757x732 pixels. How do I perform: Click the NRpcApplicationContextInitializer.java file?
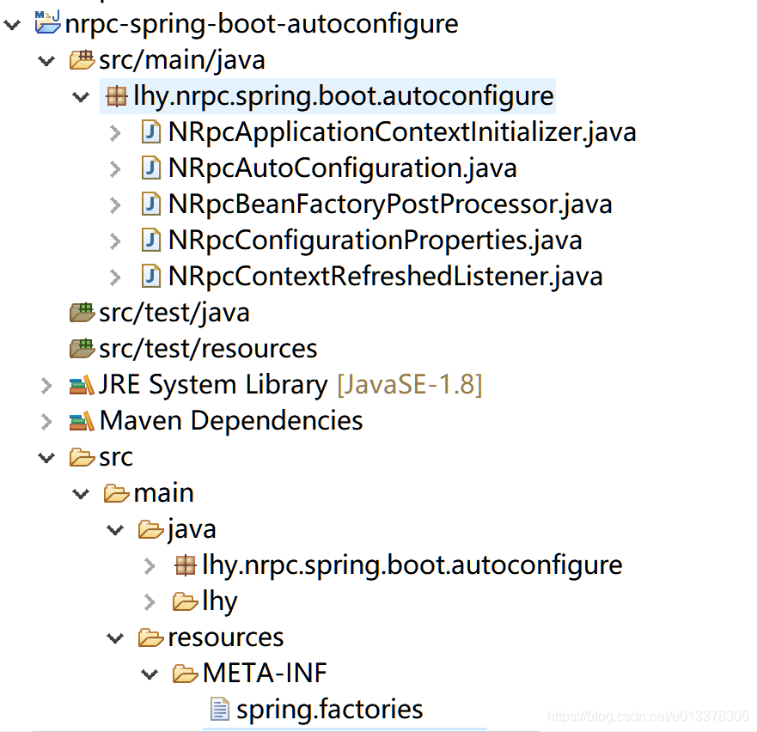pyautogui.click(x=402, y=131)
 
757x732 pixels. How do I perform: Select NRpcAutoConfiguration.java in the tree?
pyautogui.click(x=342, y=168)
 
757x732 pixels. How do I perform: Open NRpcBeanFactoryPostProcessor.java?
pyautogui.click(x=390, y=204)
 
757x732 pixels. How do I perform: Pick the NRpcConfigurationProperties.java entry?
pyautogui.click(x=375, y=240)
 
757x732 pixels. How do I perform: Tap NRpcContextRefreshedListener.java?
pyautogui.click(x=385, y=276)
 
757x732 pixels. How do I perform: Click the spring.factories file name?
pyautogui.click(x=330, y=710)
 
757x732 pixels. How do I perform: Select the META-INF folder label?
pyautogui.click(x=265, y=673)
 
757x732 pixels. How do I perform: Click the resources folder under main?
pyautogui.click(x=225, y=637)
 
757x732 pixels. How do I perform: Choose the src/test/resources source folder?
pyautogui.click(x=208, y=349)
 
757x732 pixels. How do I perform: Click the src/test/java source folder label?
pyautogui.click(x=174, y=313)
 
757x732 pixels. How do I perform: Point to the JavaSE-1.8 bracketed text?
pyautogui.click(x=410, y=385)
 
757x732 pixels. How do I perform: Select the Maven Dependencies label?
pyautogui.click(x=231, y=421)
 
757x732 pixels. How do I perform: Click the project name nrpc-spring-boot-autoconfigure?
pyautogui.click(x=261, y=24)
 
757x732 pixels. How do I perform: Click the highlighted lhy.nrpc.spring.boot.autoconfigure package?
pyautogui.click(x=343, y=95)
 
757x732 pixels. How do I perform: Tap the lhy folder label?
pyautogui.click(x=220, y=601)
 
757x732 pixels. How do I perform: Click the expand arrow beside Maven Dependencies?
pyautogui.click(x=46, y=421)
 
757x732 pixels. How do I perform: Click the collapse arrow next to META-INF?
pyautogui.click(x=150, y=674)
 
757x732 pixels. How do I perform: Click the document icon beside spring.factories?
pyautogui.click(x=220, y=709)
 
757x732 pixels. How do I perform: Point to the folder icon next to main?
pyautogui.click(x=116, y=493)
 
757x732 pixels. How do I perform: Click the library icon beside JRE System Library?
pyautogui.click(x=82, y=385)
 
